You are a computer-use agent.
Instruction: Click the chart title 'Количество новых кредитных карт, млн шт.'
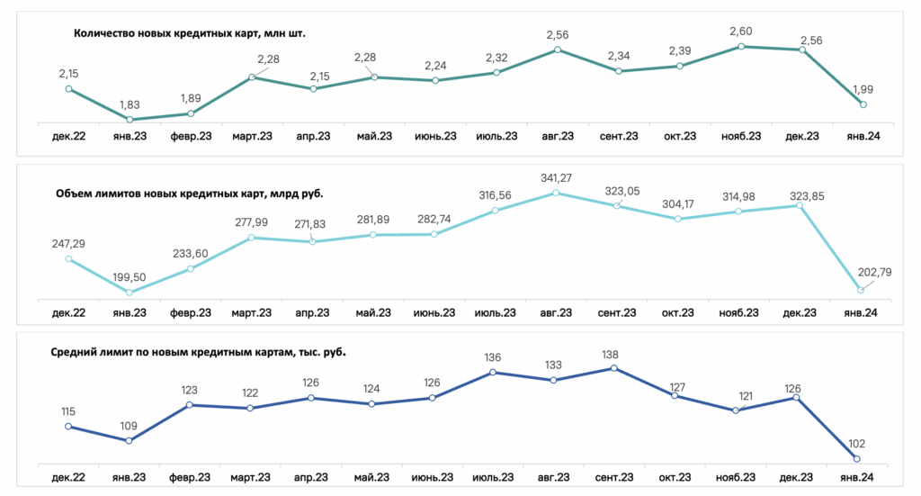coord(190,33)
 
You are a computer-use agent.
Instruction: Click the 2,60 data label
coord(741,32)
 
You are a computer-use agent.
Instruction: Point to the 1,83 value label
coord(130,104)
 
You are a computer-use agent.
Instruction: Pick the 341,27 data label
coord(556,177)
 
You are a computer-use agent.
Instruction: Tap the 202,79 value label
coord(874,272)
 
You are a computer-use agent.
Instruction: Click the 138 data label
coord(611,355)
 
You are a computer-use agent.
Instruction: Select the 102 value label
coord(857,444)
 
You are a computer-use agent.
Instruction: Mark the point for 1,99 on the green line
coord(863,104)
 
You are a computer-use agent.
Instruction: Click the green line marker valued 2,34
coord(619,71)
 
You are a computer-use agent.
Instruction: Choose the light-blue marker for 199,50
coord(130,292)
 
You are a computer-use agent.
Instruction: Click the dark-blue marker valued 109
coord(129,441)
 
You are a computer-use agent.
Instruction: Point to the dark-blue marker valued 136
coord(493,372)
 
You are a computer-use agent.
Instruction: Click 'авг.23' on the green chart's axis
coord(558,136)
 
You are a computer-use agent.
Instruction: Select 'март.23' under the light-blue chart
coord(252,312)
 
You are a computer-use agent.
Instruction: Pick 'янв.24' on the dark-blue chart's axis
coord(856,477)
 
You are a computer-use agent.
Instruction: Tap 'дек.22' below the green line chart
coord(68,136)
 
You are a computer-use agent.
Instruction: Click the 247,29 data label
coord(68,243)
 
